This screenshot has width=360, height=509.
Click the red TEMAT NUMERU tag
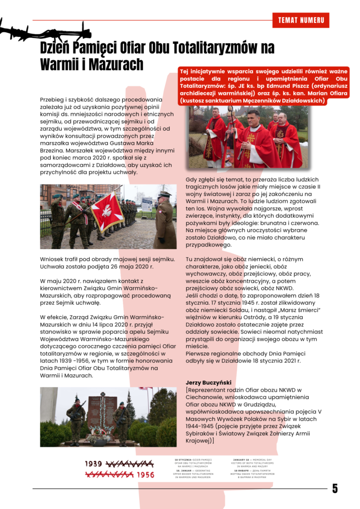301,20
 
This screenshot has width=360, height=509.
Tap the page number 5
335,489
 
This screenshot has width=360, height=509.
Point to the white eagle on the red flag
106,209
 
